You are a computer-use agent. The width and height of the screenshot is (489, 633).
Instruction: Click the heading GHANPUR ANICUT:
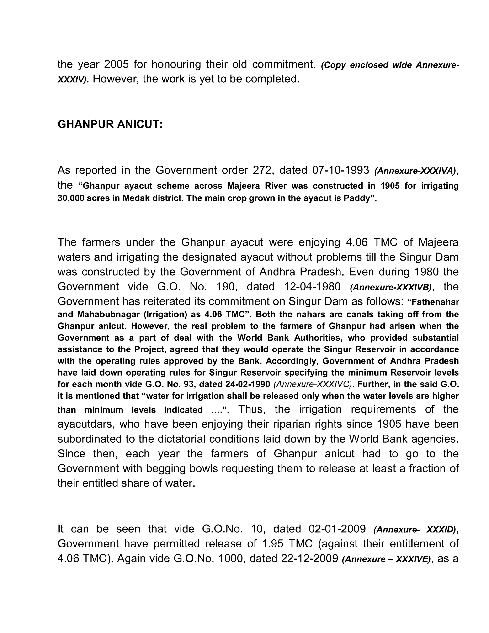(110, 124)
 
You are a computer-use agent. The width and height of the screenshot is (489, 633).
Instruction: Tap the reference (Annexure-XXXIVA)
(415, 171)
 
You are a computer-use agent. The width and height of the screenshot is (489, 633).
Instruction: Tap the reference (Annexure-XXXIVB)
(390, 287)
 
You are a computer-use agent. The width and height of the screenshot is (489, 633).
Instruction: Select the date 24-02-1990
(247, 384)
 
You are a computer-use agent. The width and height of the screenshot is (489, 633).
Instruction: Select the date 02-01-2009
(337, 529)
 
